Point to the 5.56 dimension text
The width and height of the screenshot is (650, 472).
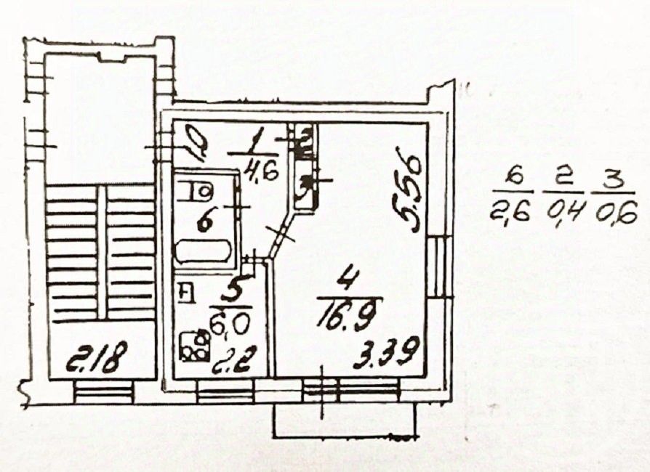[x=412, y=190]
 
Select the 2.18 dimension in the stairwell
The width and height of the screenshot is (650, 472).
[x=97, y=358]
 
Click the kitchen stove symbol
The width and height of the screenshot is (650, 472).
[x=193, y=346]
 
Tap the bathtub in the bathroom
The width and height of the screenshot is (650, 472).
[x=204, y=251]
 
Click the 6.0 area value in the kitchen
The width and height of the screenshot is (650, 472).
[x=228, y=320]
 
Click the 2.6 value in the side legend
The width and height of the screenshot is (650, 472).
[x=513, y=213]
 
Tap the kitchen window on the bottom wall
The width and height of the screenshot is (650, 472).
[x=224, y=393]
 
